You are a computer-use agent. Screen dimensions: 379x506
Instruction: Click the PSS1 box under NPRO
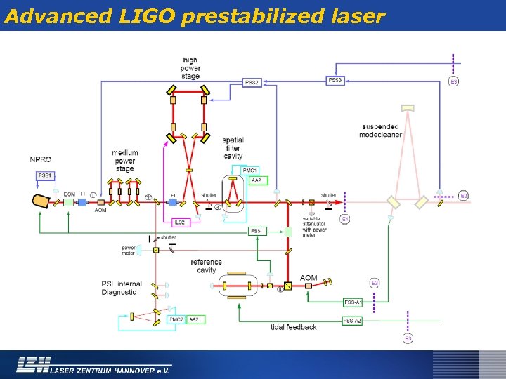45,175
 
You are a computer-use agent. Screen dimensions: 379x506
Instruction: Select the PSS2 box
252,83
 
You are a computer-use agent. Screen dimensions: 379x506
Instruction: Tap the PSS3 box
335,81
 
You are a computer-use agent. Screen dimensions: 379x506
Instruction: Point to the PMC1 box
250,171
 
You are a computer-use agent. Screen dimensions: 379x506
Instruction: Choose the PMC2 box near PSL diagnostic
177,320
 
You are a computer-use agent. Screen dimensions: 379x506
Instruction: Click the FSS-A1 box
353,302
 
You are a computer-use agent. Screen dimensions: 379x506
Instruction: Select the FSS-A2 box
353,321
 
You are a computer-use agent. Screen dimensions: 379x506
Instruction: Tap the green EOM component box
69,202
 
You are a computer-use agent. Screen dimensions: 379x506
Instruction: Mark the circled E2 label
463,195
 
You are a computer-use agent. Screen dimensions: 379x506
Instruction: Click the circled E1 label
345,220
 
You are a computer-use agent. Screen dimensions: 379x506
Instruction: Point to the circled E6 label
375,283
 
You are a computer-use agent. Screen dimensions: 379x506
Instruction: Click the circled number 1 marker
93,194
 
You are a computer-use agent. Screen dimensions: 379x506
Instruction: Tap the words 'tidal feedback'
294,327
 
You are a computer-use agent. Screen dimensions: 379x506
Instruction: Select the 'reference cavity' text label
206,266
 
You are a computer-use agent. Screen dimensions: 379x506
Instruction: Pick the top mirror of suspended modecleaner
408,108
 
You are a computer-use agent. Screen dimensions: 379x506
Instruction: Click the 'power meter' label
129,250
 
